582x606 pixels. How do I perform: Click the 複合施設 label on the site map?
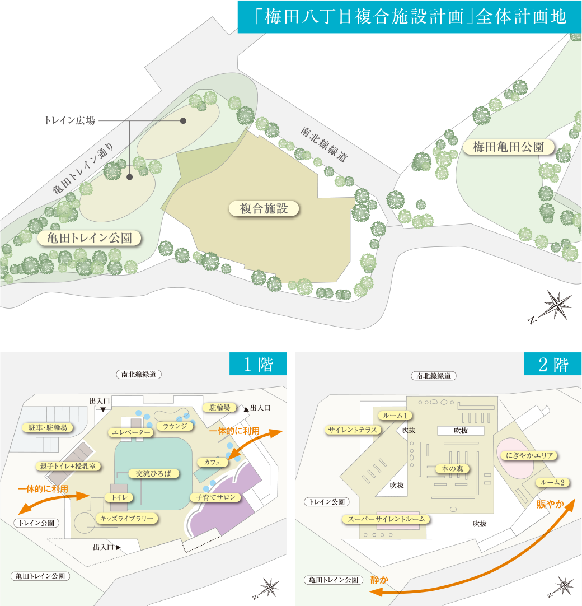tap(264, 209)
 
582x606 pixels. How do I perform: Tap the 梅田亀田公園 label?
tap(508, 147)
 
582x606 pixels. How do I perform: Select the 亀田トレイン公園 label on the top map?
tap(89, 239)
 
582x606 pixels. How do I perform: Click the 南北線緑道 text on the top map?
tap(321, 144)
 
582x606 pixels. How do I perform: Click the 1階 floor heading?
tap(258, 365)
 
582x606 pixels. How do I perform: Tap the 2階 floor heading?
tap(552, 365)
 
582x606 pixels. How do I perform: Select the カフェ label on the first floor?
tap(213, 462)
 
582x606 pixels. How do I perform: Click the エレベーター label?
tap(131, 432)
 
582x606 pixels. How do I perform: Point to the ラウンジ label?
tap(175, 426)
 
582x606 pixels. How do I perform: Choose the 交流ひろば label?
tap(154, 473)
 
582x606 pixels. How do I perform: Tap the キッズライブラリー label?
tap(126, 519)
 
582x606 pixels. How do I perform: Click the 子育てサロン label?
tap(215, 497)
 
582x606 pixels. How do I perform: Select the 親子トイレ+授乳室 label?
tap(68, 466)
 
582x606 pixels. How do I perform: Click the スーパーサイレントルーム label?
tap(386, 519)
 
